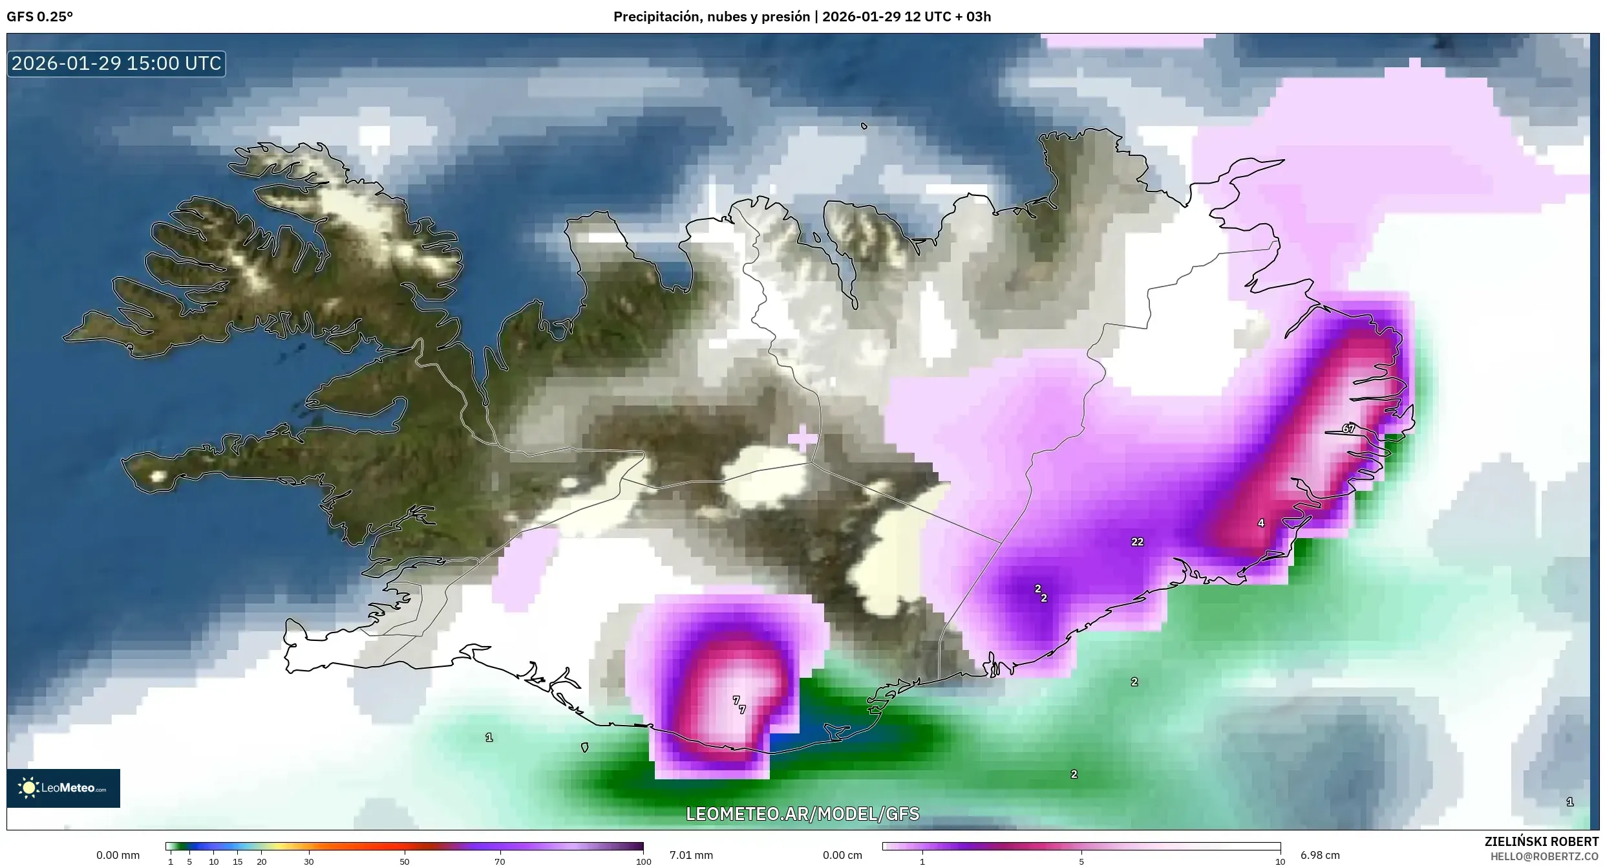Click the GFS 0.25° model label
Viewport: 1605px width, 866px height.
pos(39,17)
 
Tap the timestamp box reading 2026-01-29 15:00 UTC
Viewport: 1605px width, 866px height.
pos(116,63)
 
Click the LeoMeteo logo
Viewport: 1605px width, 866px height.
pos(63,788)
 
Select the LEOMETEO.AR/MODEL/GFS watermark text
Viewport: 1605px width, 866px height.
pos(802,814)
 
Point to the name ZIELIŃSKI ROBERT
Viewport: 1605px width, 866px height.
pos(1541,841)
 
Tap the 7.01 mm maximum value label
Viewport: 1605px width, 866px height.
pos(691,855)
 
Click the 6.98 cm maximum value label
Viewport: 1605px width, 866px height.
pos(1320,855)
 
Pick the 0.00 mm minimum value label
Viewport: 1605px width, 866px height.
pos(118,855)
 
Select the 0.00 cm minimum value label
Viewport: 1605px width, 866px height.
pos(842,855)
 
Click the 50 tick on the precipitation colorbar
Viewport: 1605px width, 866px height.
pos(405,861)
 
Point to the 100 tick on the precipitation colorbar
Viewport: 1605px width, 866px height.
pos(643,861)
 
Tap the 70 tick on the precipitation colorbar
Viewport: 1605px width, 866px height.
pos(500,861)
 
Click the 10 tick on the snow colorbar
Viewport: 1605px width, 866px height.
pos(1280,861)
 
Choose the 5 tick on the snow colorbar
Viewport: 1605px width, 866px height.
pos(1081,861)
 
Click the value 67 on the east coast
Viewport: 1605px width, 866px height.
pos(1348,428)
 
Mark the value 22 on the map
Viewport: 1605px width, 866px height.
pos(1137,542)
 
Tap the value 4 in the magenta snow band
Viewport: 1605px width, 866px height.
pos(1260,523)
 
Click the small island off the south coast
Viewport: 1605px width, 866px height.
pos(584,747)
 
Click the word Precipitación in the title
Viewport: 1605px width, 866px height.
pos(655,17)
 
